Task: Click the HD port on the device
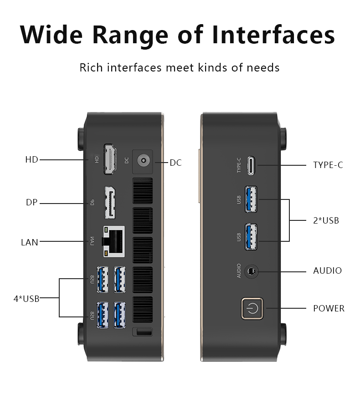pos(109,159)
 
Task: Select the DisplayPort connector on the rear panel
pos(110,202)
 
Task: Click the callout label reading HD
pos(31,160)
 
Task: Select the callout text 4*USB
pos(26,299)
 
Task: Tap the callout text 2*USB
pos(326,221)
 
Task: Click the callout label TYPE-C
pos(328,165)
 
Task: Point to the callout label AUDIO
pos(327,271)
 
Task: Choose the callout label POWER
pos(329,309)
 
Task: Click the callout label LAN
pos(30,242)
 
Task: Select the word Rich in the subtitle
pos(91,68)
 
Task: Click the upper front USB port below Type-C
pos(251,199)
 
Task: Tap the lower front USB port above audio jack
pos(251,237)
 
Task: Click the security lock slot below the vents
pos(142,331)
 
